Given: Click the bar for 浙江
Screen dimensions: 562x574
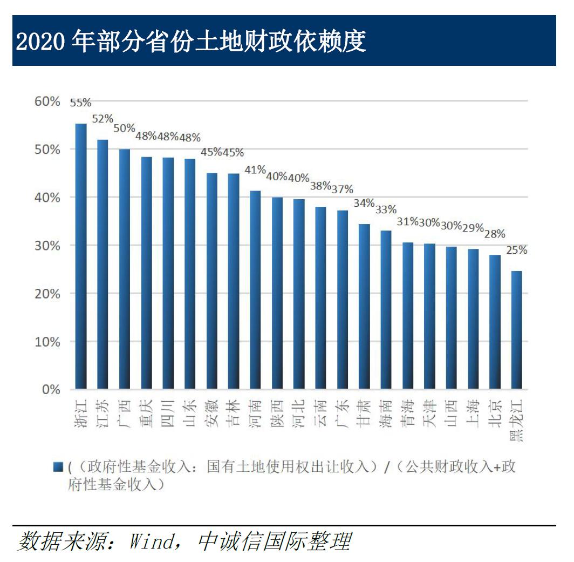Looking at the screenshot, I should (81, 256).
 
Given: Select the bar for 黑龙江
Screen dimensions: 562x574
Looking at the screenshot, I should (516, 330).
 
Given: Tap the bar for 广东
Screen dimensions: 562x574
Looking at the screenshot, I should (343, 300).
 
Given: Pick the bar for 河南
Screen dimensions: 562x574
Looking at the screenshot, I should (255, 290).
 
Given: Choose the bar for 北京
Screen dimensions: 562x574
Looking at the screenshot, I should (495, 322).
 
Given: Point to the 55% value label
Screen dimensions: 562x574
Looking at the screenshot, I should (80, 103).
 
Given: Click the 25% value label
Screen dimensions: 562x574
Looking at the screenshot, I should (516, 250).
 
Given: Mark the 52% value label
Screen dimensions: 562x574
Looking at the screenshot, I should (102, 118).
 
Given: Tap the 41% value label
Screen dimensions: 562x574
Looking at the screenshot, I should (255, 170).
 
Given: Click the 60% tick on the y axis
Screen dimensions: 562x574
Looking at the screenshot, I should (48, 101).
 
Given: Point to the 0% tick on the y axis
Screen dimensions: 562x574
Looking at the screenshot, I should (51, 389).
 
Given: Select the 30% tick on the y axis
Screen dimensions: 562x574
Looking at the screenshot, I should (48, 246).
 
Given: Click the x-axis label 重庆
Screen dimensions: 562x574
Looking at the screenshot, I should (146, 414).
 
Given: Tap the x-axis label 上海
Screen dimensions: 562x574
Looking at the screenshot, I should (473, 414).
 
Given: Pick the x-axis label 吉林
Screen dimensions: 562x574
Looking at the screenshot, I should (234, 414).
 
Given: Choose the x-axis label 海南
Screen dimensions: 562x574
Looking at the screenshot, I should (386, 414).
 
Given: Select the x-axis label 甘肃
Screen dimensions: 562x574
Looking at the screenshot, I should (364, 414).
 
